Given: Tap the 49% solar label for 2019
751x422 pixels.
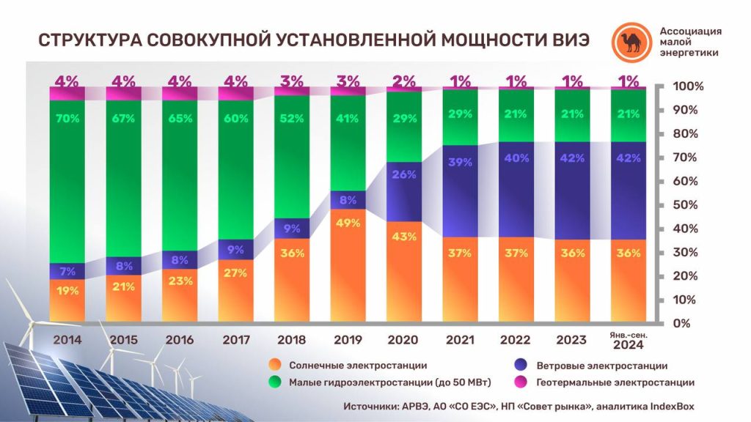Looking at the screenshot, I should tap(348, 225).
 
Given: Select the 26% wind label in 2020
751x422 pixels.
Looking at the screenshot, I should tap(403, 175).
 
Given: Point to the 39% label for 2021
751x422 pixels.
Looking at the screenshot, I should tap(460, 162).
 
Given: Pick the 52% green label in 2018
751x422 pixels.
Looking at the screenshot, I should tap(291, 119).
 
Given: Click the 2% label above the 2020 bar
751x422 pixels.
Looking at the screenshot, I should tap(403, 81).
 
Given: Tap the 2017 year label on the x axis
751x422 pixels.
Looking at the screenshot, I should tap(235, 340).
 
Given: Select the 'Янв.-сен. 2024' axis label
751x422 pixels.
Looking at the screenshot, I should tap(628, 340).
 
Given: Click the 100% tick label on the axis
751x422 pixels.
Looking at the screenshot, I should tap(688, 86).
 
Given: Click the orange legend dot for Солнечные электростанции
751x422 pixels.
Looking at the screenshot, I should tap(275, 365).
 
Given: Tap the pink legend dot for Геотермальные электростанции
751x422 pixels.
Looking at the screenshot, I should tap(521, 382).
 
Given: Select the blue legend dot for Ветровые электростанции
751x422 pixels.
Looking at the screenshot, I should tap(521, 365).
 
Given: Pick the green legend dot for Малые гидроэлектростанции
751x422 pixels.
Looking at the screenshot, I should tap(275, 382).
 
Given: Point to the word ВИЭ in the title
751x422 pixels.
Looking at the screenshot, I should tap(563, 40).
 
